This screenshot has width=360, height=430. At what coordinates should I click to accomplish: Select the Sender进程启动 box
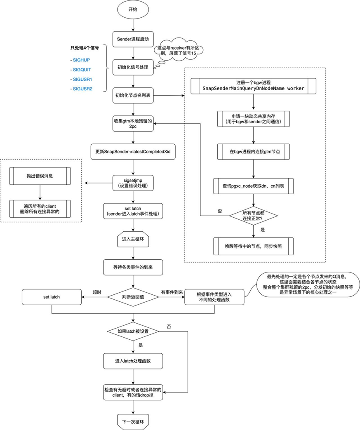(133, 40)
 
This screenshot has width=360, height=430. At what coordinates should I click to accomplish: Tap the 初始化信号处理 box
(133, 67)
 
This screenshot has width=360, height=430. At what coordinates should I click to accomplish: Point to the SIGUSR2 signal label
(83, 89)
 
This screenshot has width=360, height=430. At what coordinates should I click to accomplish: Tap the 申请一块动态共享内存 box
(253, 120)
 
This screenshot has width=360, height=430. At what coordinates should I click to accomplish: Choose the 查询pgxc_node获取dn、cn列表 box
(253, 186)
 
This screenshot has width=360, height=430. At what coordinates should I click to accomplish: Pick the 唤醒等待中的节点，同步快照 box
(253, 246)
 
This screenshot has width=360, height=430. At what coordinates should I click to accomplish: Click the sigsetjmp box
(133, 183)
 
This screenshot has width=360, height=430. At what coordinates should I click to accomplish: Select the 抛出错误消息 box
(40, 175)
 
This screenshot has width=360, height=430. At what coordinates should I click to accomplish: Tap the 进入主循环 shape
(133, 240)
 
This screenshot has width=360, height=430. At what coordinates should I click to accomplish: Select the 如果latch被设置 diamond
(133, 331)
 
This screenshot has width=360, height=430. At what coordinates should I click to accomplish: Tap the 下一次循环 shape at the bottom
(133, 421)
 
